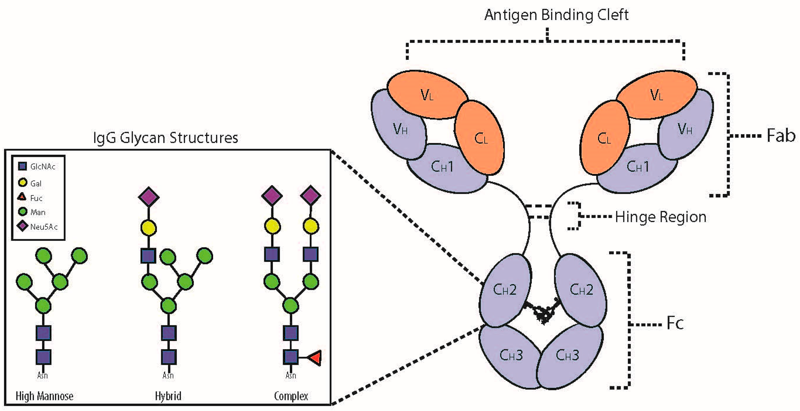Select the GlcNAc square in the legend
22,166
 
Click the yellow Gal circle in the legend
22,182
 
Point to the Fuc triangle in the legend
22,197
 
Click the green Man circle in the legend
22,212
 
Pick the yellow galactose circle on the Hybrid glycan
148,228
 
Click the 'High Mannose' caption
44,396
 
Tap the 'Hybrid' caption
168,396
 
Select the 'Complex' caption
291,396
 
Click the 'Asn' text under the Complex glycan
291,376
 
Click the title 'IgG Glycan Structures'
166,138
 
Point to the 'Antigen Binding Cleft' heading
556,15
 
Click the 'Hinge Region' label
660,217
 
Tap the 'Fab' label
781,136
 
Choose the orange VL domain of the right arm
656,95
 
